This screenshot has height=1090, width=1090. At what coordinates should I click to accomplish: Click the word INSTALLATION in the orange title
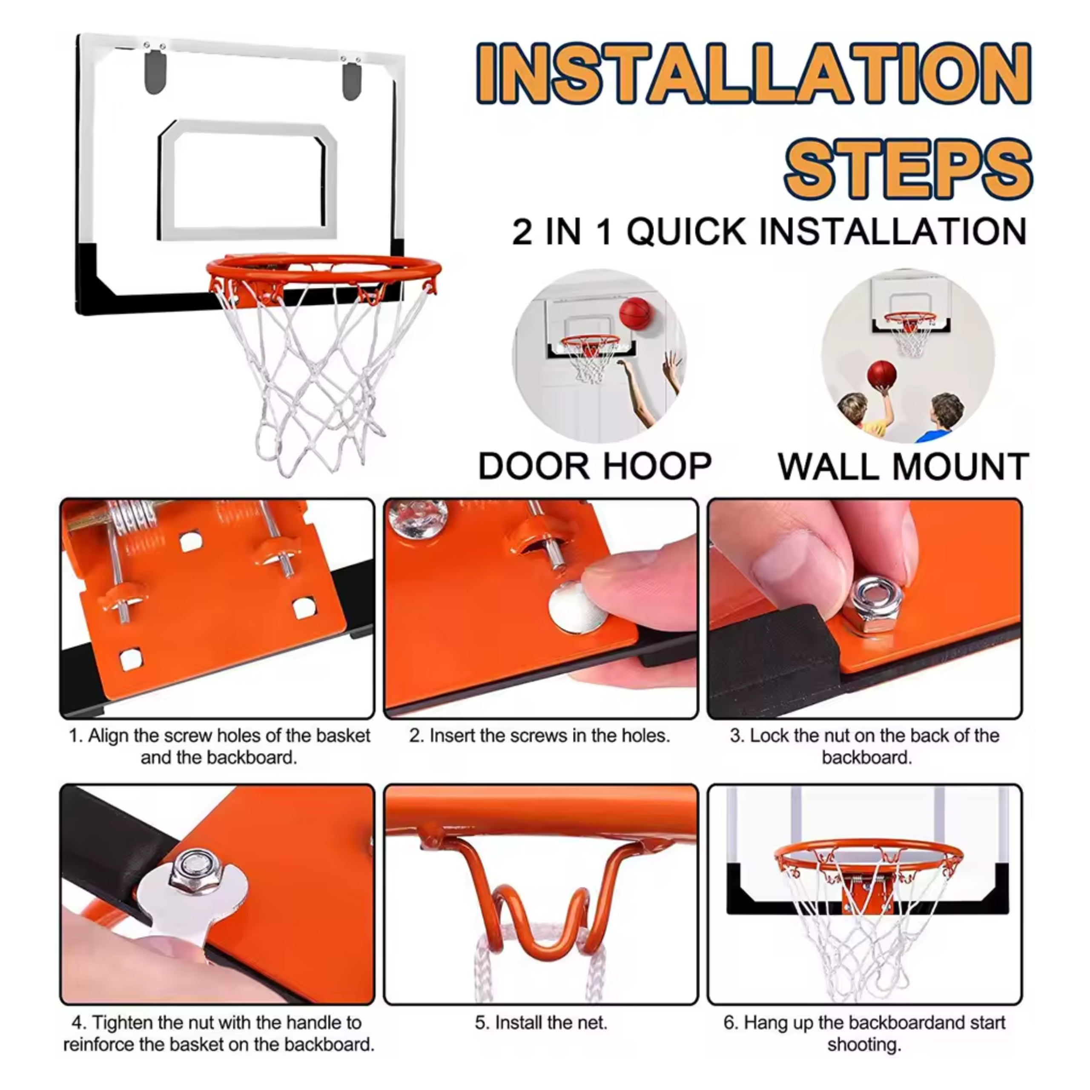[x=754, y=73]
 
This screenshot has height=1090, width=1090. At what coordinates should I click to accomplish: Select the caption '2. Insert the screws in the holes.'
[x=540, y=736]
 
